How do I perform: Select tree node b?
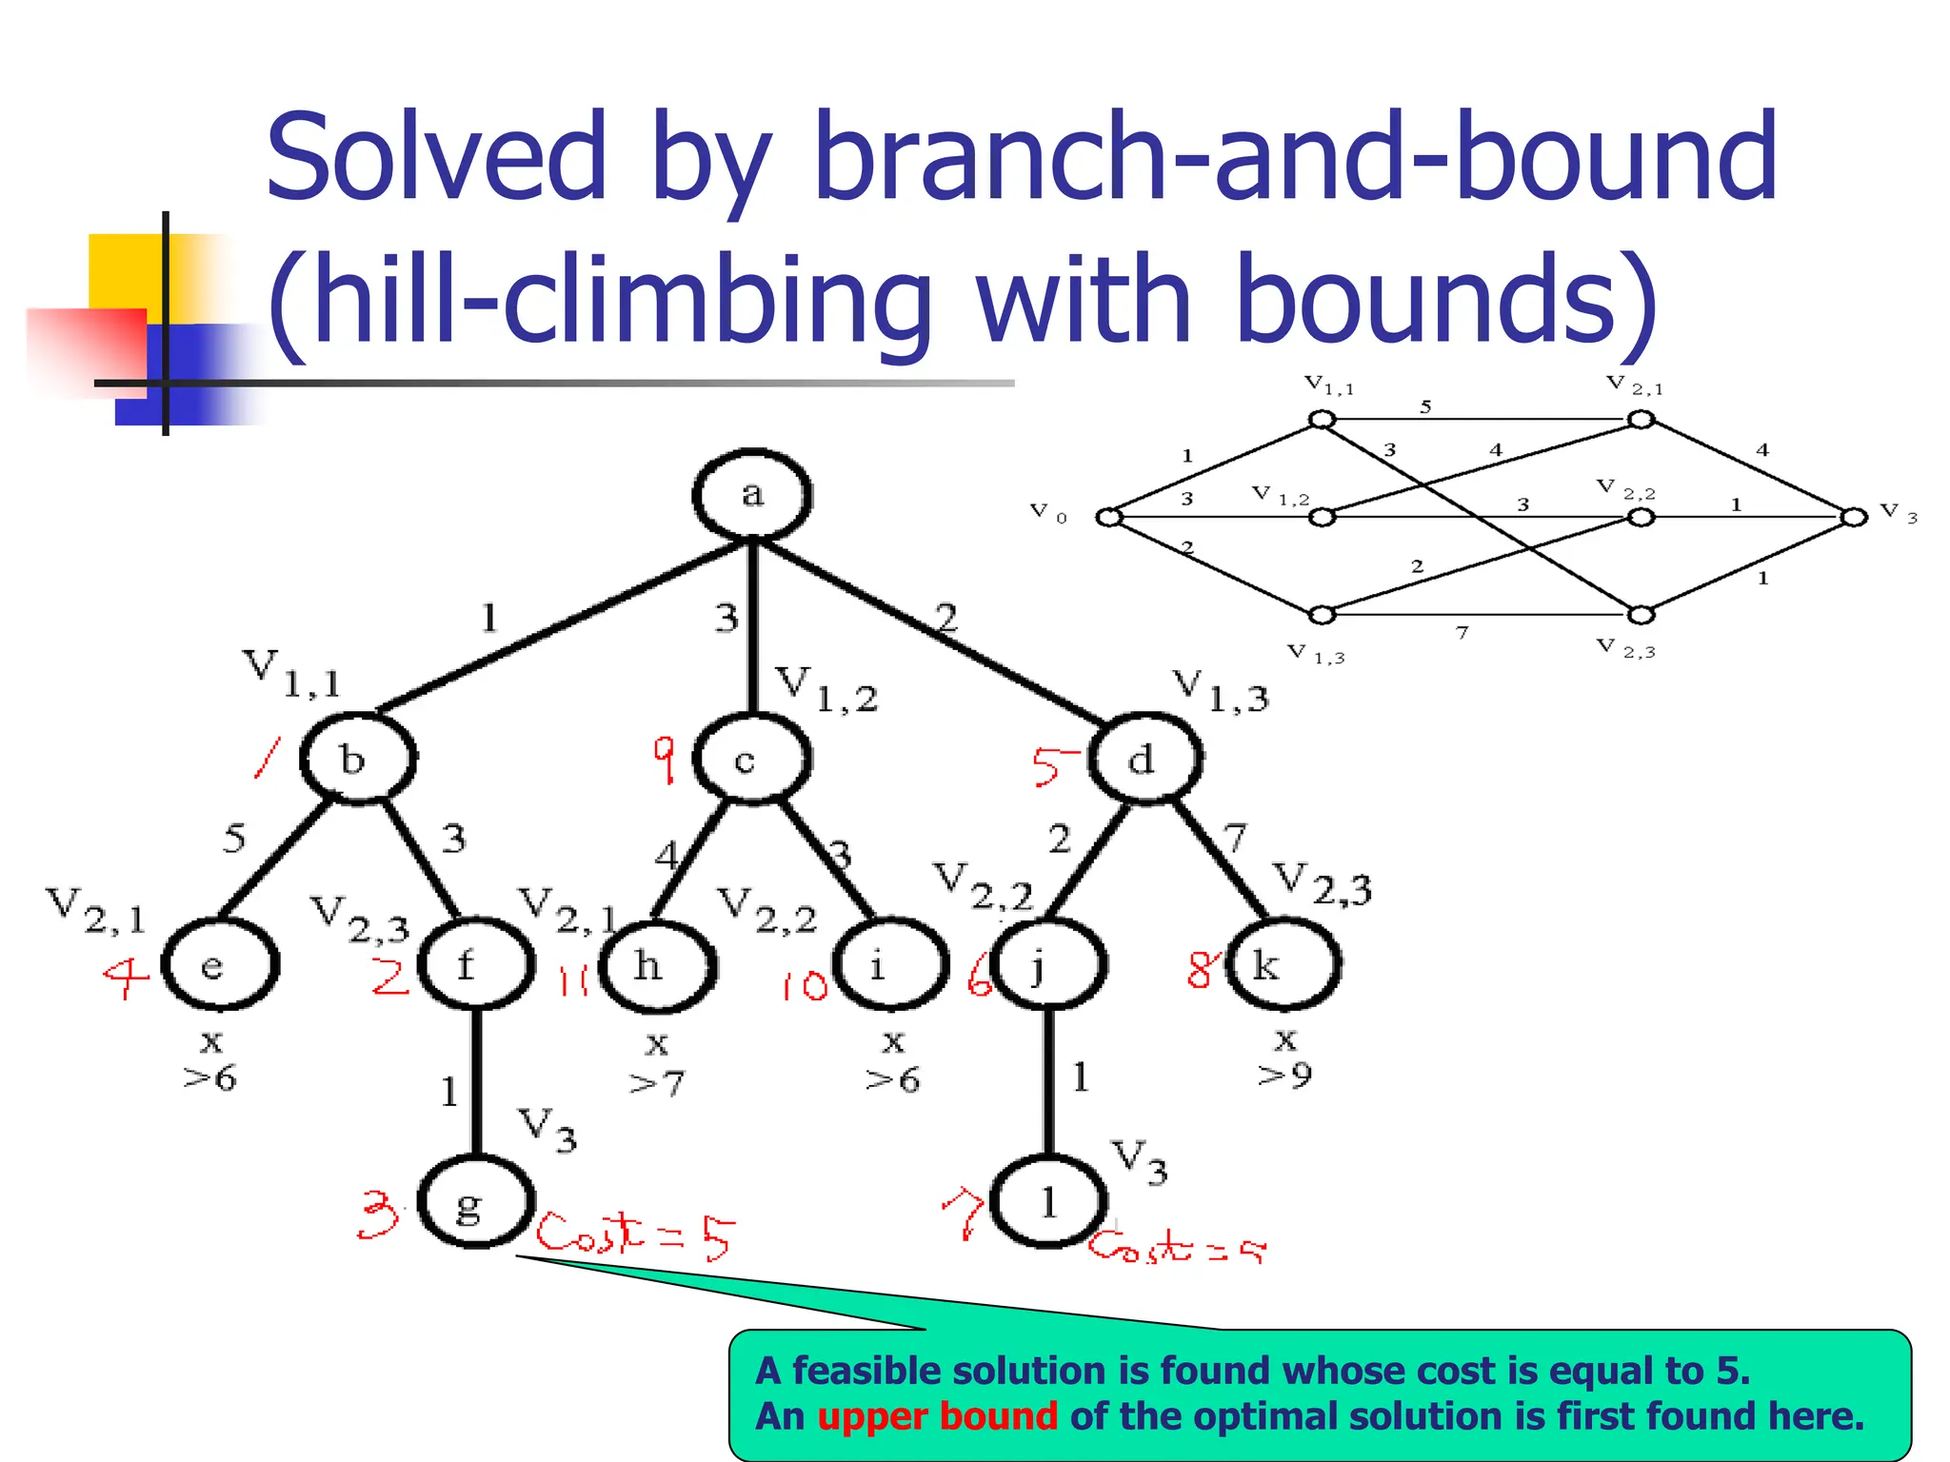click(x=358, y=759)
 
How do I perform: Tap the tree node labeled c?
click(x=752, y=759)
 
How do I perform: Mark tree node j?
click(x=1047, y=965)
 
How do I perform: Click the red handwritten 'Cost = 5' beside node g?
click(x=635, y=1235)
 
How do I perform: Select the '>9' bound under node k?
click(x=1284, y=1075)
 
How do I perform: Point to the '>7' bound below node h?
click(x=657, y=1082)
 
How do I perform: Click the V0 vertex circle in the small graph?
click(x=1108, y=517)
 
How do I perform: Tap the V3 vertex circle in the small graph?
click(x=1853, y=517)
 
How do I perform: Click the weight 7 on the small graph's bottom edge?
click(x=1462, y=632)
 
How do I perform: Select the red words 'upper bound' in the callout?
click(x=937, y=1416)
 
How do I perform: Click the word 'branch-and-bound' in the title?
click(x=1295, y=157)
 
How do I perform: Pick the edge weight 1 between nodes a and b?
click(x=489, y=619)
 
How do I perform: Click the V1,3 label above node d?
click(x=1221, y=691)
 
